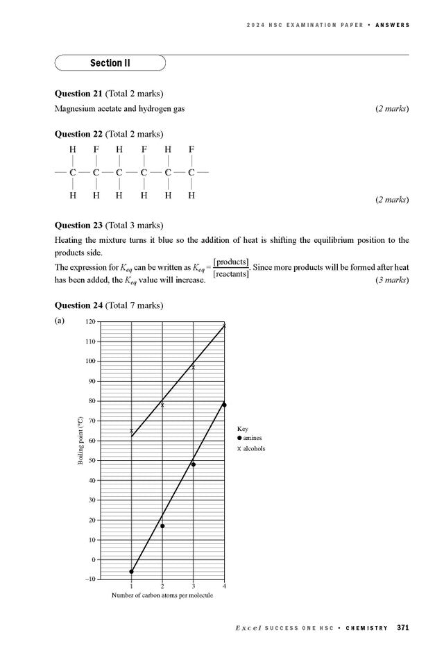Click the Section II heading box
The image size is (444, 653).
click(110, 63)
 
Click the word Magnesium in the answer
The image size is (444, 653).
click(76, 109)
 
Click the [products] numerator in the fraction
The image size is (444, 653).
click(232, 262)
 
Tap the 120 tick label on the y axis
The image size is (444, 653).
click(90, 322)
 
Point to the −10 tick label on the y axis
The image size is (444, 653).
click(89, 579)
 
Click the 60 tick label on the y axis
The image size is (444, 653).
click(92, 441)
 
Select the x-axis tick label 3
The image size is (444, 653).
click(193, 586)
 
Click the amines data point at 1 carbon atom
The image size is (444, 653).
click(131, 572)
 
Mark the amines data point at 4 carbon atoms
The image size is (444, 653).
click(224, 405)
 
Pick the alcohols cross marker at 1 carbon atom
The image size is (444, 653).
click(131, 431)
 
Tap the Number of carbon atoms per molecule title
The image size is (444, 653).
click(162, 595)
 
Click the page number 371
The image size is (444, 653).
click(402, 628)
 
